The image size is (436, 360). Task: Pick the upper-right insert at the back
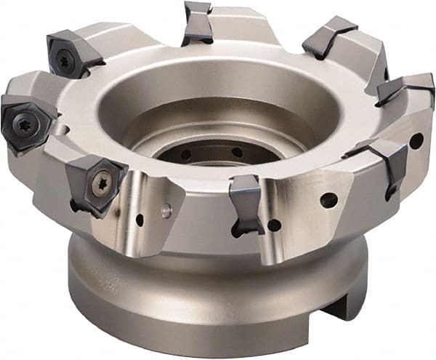[328, 38]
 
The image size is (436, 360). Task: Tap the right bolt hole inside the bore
[237, 153]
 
